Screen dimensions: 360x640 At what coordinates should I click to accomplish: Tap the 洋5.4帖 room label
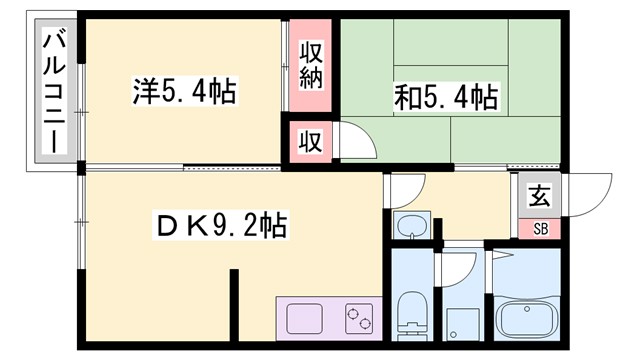coord(183,93)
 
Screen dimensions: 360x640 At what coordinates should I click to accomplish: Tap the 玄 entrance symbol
coord(538,196)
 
